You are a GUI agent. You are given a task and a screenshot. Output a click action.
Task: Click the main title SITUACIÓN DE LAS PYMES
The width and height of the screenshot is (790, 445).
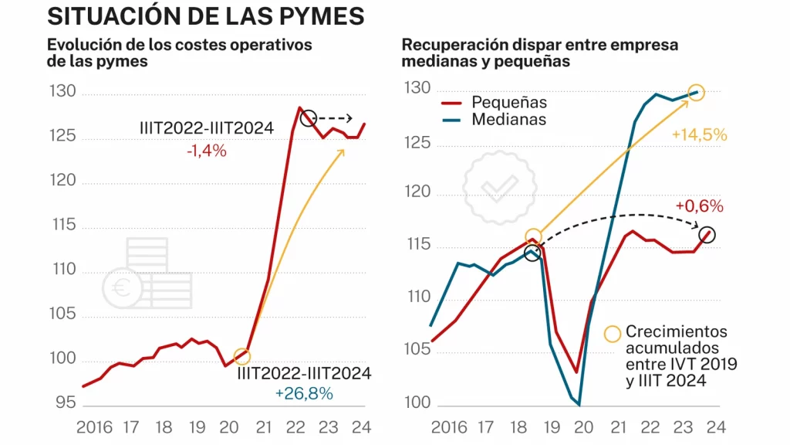205,16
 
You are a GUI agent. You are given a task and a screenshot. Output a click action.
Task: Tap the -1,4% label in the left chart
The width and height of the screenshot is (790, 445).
206,151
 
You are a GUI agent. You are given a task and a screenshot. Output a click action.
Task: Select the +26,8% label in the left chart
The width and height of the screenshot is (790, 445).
304,393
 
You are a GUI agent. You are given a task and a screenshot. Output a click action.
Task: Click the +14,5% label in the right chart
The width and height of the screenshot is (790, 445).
700,134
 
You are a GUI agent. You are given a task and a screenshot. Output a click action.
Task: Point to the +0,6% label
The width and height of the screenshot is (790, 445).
699,206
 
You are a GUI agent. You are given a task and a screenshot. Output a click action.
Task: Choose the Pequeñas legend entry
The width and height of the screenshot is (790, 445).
509,102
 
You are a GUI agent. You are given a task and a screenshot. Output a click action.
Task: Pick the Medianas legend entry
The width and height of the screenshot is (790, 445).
508,120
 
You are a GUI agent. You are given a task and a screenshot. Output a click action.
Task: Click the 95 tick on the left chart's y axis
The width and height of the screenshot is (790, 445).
66,403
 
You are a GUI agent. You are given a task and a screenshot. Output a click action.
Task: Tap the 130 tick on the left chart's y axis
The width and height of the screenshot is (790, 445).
63,92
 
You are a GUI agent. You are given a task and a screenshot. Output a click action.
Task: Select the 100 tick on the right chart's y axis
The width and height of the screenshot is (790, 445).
416,404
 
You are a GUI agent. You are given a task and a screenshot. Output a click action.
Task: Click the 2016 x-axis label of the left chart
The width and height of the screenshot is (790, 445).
95,426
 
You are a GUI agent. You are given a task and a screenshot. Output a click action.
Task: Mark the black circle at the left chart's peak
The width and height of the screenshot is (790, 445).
309,118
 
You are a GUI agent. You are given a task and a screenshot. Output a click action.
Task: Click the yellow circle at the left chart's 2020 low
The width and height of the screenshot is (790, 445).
242,356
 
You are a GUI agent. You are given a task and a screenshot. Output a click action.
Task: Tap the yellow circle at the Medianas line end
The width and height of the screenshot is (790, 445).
696,93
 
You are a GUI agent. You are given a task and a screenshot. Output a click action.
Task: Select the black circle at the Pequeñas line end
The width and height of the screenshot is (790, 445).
707,235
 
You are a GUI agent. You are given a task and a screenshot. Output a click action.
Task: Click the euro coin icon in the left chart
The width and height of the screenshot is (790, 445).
122,288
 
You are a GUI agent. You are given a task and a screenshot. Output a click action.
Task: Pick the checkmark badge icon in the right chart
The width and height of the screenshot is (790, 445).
500,186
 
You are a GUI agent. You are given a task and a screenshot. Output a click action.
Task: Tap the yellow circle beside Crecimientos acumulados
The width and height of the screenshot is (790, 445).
613,334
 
